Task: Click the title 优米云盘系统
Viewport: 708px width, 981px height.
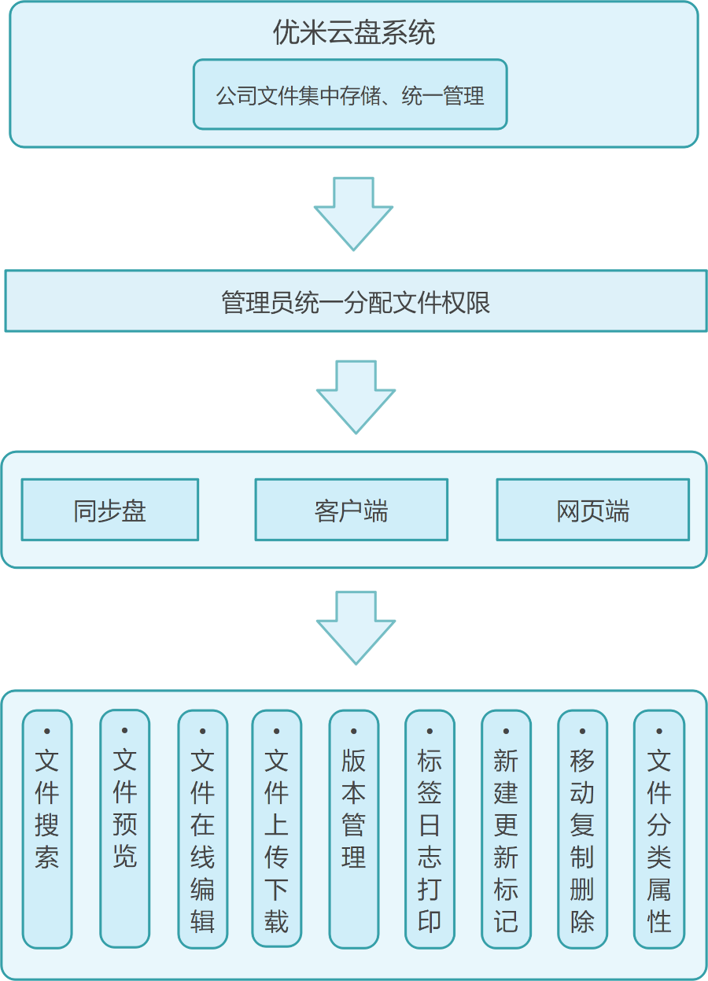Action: coord(353,33)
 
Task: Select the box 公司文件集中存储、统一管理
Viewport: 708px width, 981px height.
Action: coord(350,94)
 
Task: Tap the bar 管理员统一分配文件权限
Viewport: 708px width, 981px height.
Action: coord(356,301)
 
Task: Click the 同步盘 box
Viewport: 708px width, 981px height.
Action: coord(109,510)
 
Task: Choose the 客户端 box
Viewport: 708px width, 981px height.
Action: coord(351,510)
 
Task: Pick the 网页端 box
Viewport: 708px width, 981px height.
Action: coord(592,510)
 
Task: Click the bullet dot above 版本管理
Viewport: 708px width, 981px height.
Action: coord(353,732)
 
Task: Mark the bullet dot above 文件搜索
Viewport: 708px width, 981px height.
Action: coord(47,732)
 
